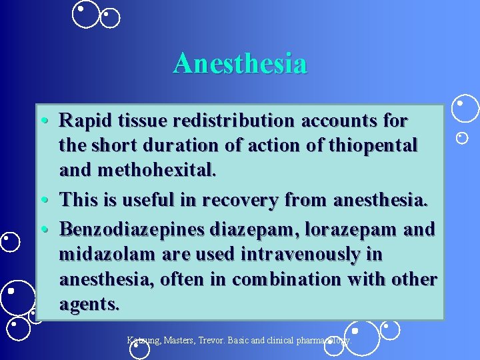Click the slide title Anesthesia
(240, 64)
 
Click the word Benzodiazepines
(132, 229)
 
